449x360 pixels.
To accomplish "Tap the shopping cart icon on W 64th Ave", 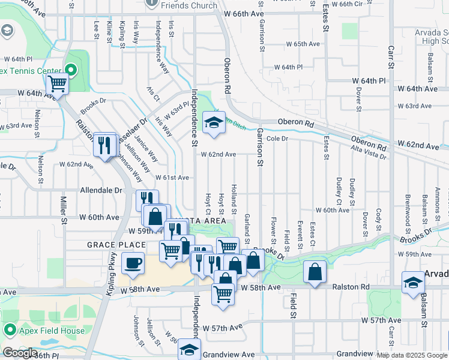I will coord(58,84).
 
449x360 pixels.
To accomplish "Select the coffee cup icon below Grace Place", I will coord(132,262).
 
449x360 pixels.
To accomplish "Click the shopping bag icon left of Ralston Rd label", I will coord(315,272).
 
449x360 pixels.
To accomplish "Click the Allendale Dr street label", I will coord(101,190).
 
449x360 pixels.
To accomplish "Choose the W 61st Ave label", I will coord(172,178).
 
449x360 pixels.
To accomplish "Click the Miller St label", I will coord(63,209).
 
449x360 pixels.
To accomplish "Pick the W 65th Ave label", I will coord(303,44).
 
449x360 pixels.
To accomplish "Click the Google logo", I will coord(20,353).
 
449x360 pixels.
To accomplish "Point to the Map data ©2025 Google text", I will coord(412,355).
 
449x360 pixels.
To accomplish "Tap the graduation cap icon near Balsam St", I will coord(414,283).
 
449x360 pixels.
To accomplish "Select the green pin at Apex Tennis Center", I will coord(71,70).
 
